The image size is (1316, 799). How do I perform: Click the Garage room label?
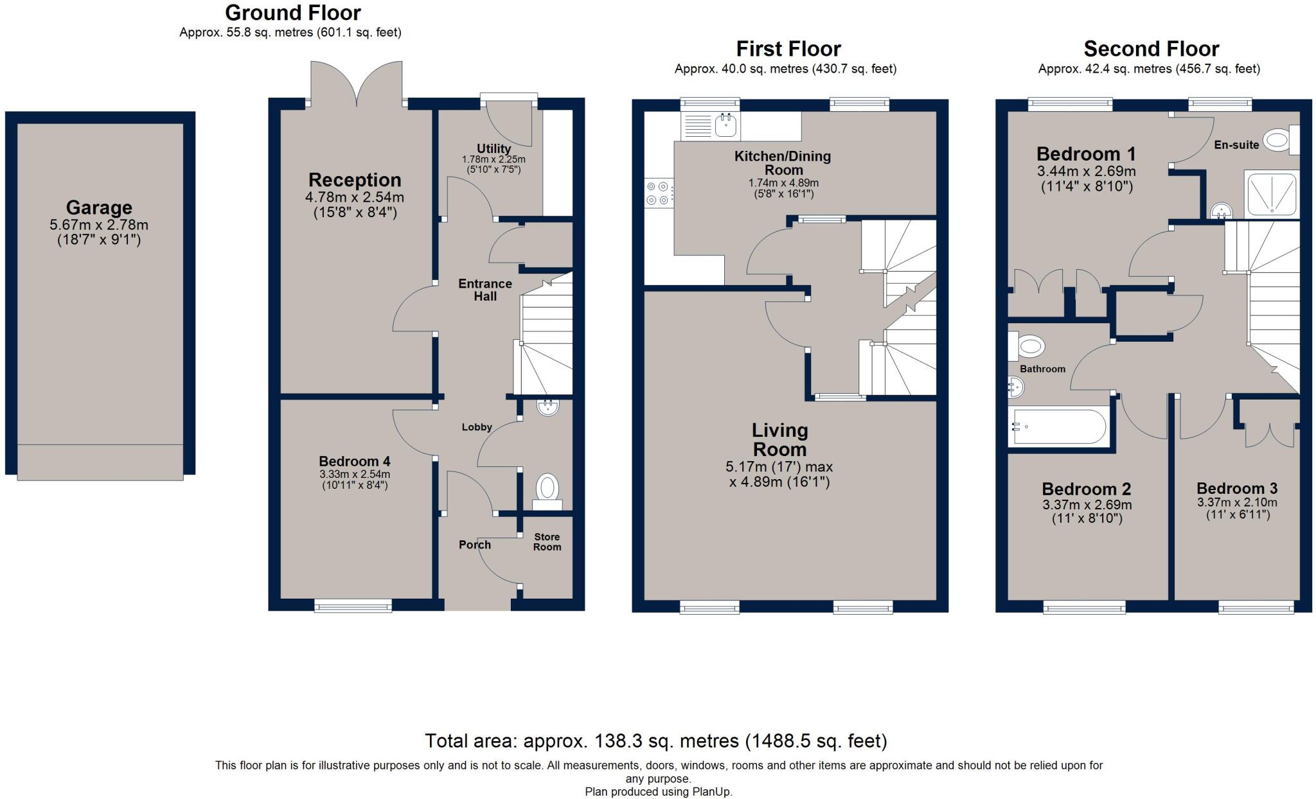pos(99,207)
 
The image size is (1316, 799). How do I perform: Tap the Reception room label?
pos(355,180)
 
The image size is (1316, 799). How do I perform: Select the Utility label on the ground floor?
pos(493,149)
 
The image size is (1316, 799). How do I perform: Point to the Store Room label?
pos(547,542)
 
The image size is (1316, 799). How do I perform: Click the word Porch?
pos(475,545)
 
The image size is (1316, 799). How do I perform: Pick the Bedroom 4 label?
pos(355,461)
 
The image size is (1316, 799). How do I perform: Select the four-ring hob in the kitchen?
pos(659,192)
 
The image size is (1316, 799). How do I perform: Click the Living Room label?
pos(779,440)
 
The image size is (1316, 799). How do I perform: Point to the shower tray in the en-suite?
pos(1272,193)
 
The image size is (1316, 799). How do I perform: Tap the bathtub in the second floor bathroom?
pos(1058,426)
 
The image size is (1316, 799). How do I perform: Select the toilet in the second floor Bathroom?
pos(1026,346)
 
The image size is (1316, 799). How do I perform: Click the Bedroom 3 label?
pos(1237,488)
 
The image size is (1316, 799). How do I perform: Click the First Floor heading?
pos(788,49)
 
